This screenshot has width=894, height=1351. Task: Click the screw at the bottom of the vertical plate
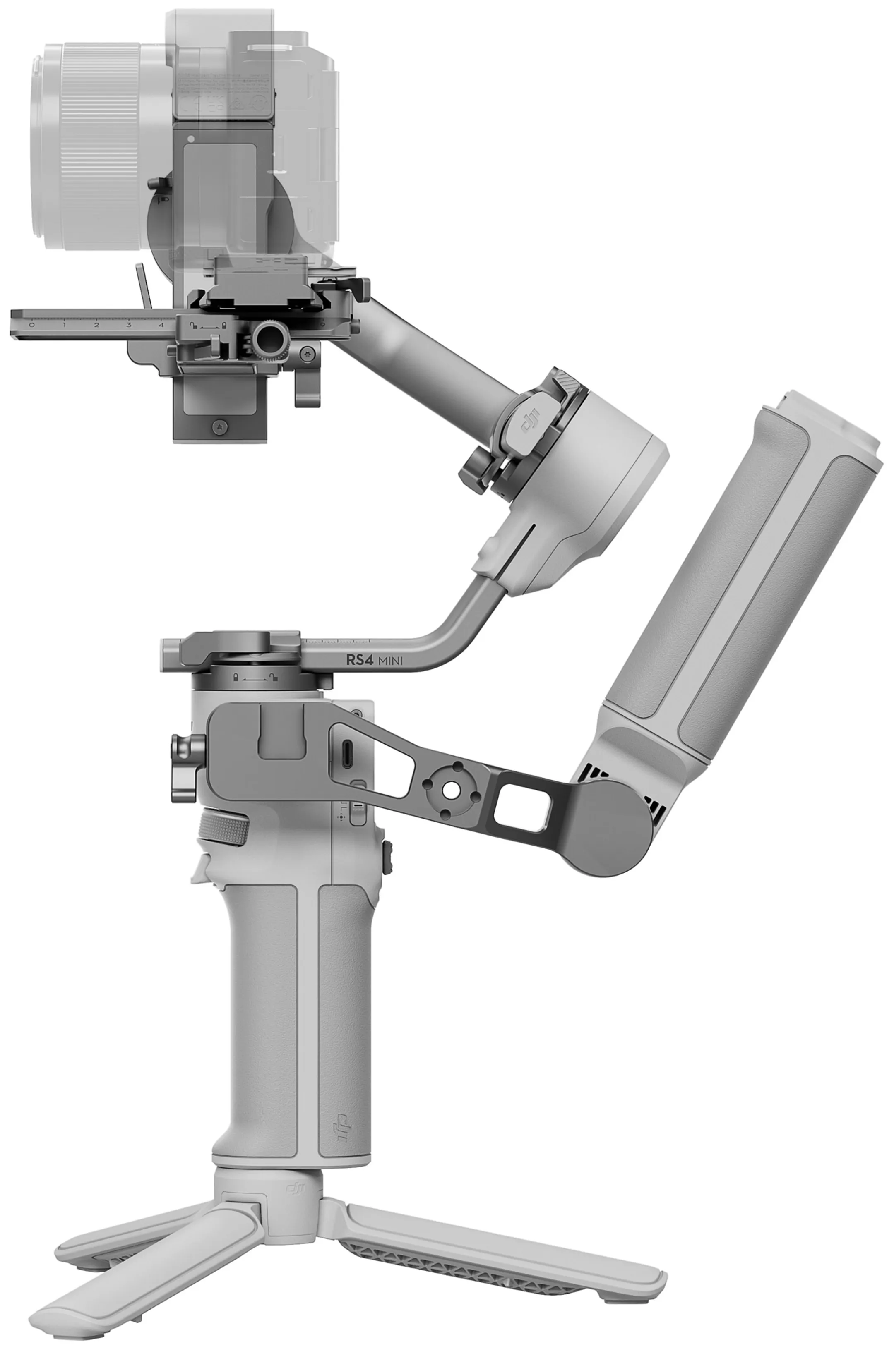click(219, 426)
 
